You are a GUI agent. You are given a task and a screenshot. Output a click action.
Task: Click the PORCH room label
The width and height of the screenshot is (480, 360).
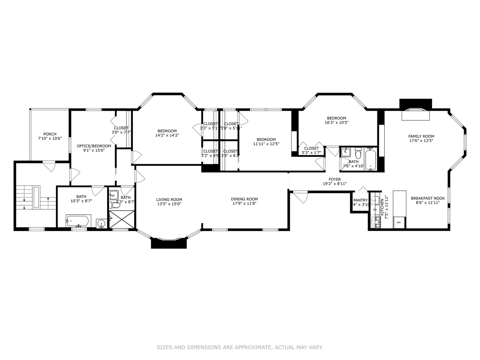[50, 134]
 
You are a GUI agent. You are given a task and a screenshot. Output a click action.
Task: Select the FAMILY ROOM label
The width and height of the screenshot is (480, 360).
[421, 136]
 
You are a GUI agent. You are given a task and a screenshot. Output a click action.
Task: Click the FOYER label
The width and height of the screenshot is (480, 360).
[335, 179]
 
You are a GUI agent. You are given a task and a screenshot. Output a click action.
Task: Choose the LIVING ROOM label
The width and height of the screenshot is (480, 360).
[169, 200]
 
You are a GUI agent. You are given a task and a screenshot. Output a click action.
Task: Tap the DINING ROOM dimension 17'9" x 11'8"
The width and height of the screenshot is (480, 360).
[244, 204]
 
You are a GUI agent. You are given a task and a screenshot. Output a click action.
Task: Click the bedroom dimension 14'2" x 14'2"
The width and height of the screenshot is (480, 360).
[167, 135]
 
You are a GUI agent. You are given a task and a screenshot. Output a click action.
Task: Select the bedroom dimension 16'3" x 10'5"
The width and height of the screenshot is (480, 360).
[336, 122]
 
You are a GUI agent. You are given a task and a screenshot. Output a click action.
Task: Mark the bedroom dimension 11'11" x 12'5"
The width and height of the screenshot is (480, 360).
[266, 144]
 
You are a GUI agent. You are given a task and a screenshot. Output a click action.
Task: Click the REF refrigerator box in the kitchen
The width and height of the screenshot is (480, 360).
[399, 222]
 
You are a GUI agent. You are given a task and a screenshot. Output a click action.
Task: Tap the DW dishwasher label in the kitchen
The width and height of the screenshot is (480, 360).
[375, 210]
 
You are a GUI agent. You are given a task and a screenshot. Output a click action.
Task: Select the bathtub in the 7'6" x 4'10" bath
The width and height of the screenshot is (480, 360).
[370, 159]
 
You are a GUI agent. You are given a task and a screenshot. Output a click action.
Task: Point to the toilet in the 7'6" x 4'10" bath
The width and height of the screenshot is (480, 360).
[358, 154]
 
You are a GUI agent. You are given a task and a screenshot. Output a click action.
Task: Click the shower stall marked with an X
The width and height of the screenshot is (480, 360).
[122, 219]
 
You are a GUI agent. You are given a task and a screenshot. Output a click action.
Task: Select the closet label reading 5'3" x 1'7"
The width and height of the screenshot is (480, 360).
[311, 153]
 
